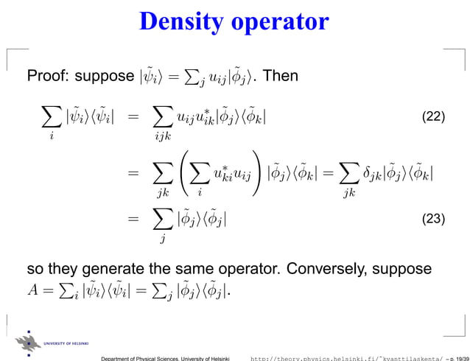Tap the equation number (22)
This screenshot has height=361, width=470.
434,118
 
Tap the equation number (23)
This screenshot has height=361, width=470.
434,219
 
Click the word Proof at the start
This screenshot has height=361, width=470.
46,76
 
